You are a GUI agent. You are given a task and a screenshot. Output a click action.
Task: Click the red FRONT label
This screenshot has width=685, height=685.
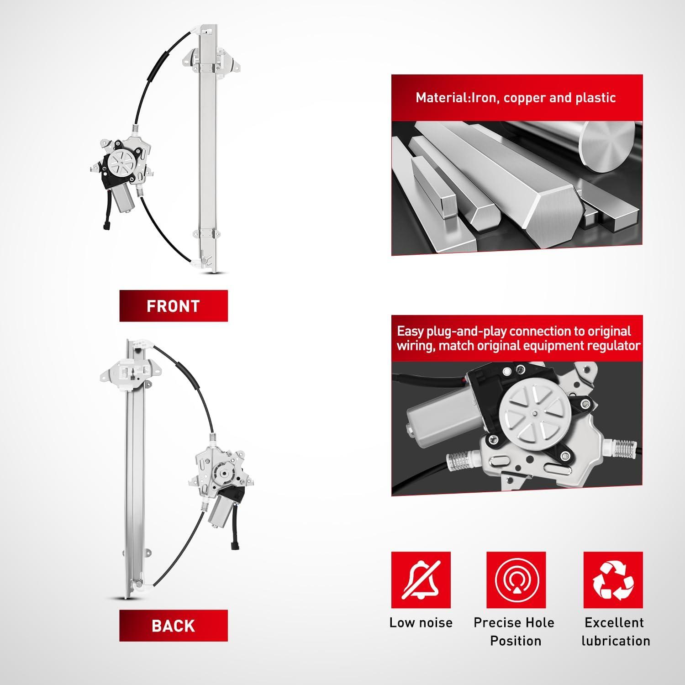[174, 306]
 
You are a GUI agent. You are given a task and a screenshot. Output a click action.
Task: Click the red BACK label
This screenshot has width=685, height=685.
[174, 626]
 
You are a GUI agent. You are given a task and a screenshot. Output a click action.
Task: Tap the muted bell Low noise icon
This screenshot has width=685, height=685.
[421, 580]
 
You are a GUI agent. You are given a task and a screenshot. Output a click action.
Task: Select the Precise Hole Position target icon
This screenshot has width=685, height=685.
[516, 580]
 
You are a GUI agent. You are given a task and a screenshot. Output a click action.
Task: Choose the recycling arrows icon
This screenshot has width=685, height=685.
[613, 580]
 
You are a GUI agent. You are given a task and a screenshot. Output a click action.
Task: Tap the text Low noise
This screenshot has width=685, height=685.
[421, 622]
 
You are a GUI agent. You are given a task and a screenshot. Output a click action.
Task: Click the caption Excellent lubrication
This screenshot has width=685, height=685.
[615, 632]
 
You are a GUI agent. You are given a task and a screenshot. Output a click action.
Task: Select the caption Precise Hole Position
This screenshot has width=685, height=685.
[514, 632]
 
